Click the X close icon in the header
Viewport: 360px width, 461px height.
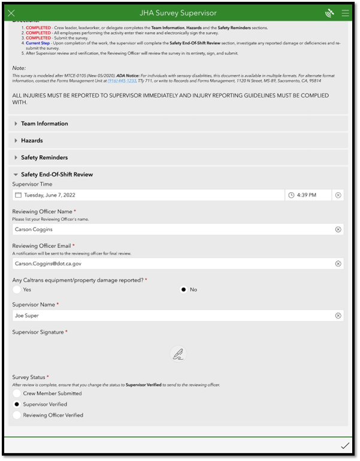pyautogui.click(x=11, y=13)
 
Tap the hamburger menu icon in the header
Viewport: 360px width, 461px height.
pyautogui.click(x=345, y=13)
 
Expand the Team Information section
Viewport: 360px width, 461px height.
pyautogui.click(x=44, y=124)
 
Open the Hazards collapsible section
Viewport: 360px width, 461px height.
pyautogui.click(x=32, y=141)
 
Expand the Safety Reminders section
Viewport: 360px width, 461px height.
pyautogui.click(x=44, y=157)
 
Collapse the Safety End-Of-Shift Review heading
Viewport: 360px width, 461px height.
pyautogui.click(x=56, y=175)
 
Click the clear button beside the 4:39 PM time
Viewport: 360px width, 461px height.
pyautogui.click(x=338, y=195)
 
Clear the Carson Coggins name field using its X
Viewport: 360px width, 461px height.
pyautogui.click(x=338, y=229)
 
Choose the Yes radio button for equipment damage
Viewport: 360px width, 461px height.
pyautogui.click(x=17, y=290)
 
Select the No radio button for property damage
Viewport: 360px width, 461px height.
pyautogui.click(x=184, y=290)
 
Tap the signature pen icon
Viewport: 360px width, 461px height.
pyautogui.click(x=178, y=355)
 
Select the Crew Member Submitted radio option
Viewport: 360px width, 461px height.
pyautogui.click(x=17, y=394)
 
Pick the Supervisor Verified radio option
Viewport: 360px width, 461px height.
pyautogui.click(x=17, y=405)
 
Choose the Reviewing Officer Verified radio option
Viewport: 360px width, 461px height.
pyautogui.click(x=17, y=415)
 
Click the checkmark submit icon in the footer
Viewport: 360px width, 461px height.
pyautogui.click(x=344, y=446)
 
